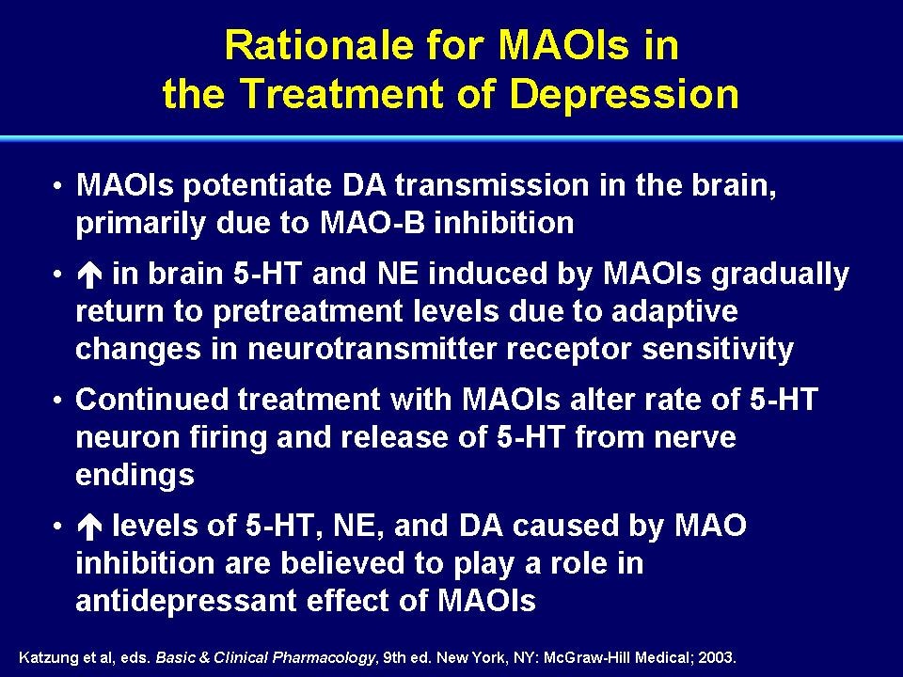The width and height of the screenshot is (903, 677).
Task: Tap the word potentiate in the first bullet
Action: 258,186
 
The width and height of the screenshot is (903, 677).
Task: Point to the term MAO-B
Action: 372,223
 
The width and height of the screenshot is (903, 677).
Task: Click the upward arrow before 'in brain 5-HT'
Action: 89,275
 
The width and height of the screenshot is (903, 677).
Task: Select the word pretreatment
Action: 307,312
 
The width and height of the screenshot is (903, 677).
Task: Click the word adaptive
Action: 674,312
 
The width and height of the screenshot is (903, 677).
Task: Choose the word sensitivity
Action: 718,350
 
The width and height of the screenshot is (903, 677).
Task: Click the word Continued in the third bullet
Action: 152,399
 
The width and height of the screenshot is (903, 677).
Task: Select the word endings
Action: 135,476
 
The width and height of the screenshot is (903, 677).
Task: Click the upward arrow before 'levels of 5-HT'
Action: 89,527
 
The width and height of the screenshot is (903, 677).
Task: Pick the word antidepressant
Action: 186,601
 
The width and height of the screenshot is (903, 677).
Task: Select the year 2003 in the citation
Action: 717,657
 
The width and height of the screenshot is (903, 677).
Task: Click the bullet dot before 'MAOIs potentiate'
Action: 57,186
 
